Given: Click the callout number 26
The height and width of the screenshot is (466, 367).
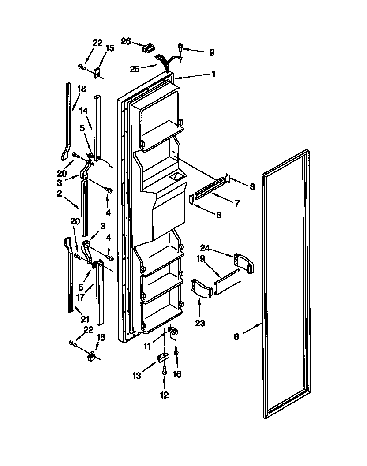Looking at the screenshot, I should tap(126, 41).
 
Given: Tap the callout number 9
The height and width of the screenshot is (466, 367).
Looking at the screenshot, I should tap(212, 52).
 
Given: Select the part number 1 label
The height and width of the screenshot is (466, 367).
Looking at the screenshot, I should tap(213, 75).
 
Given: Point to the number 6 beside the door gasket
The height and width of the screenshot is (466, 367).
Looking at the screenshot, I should tap(236, 337).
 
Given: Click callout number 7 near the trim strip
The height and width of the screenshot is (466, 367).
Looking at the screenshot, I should tap(237, 203).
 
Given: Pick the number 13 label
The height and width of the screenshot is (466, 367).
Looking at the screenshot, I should tap(137, 376).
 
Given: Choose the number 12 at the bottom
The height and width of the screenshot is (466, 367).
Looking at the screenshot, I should tap(164, 395).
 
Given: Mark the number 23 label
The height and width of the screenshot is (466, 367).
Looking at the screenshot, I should tap(200, 323).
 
